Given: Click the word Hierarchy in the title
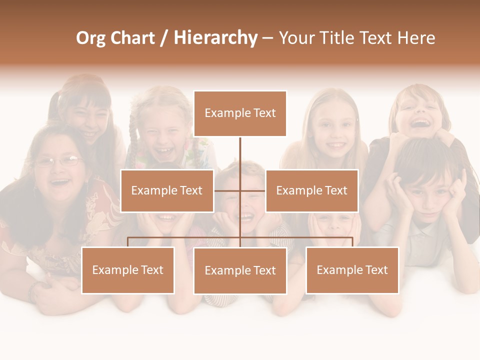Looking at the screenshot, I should click(215, 38).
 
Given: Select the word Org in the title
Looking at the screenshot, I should click(91, 38).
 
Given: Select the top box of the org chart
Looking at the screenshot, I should click(240, 113).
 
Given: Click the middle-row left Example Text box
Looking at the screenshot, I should click(167, 190).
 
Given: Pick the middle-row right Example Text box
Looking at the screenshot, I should click(311, 190).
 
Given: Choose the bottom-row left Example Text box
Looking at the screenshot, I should click(127, 270).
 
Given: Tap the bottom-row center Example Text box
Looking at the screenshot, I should click(240, 270).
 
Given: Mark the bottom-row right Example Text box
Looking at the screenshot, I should click(352, 270).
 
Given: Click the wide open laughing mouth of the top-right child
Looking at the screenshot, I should click(421, 123).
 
